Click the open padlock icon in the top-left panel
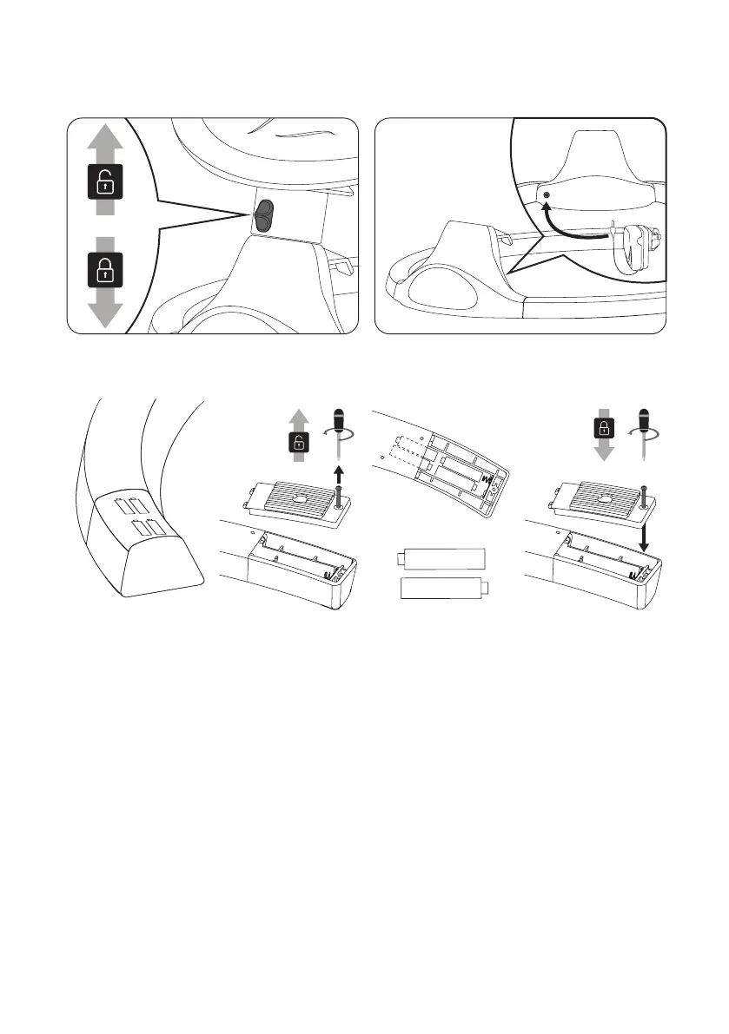(103, 183)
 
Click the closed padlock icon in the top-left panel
(103, 269)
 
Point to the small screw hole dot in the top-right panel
(546, 196)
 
